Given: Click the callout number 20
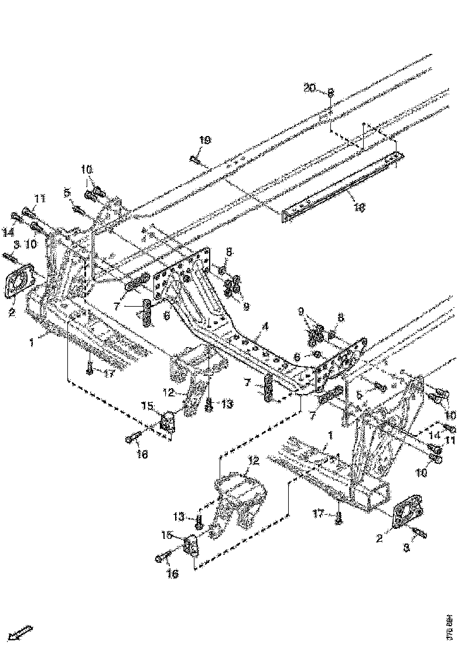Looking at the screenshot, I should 309,88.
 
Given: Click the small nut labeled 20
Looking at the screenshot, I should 330,93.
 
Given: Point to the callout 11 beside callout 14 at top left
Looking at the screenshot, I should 39,199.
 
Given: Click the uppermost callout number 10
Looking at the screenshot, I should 87,170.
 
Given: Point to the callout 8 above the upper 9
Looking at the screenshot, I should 229,252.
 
